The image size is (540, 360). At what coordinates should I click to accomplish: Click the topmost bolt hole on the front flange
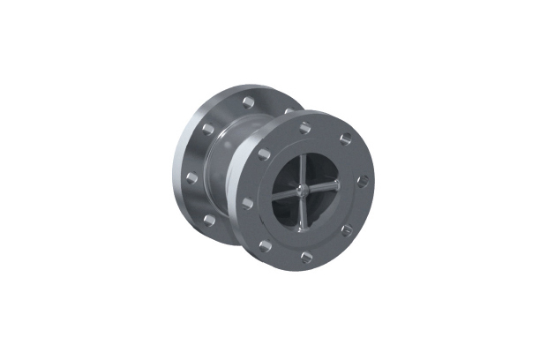click(304, 128)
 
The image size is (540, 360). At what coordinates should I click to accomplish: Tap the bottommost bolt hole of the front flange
click(306, 258)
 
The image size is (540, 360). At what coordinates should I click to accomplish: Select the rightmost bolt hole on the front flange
click(363, 181)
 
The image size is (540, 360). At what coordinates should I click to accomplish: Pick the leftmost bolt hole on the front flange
click(248, 203)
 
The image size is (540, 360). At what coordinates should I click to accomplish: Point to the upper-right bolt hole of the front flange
click(346, 139)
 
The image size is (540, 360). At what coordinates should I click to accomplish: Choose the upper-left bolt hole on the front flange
click(264, 154)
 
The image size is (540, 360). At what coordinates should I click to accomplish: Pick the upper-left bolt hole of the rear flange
click(206, 129)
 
